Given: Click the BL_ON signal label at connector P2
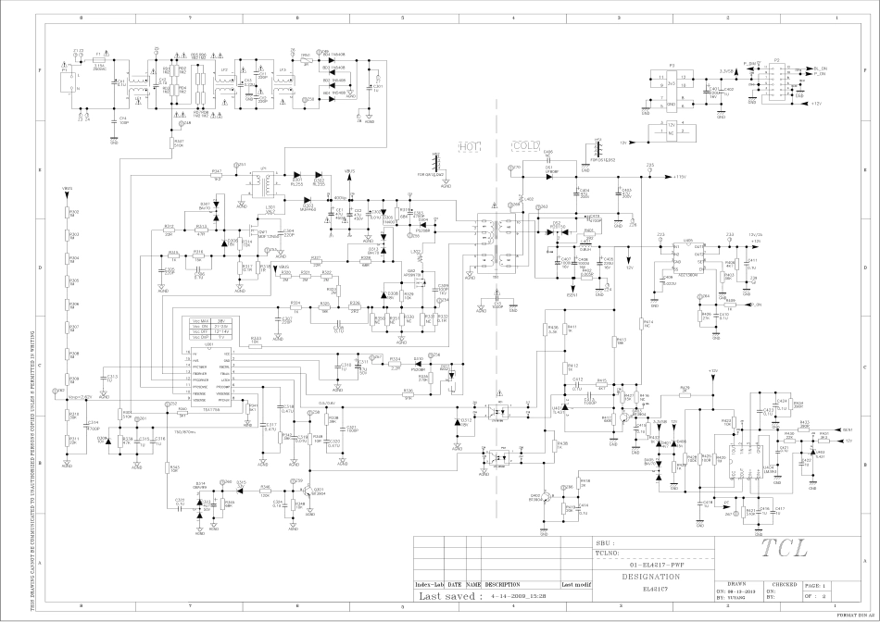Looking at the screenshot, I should (816, 68).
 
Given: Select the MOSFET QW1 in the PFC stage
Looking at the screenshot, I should (261, 235).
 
